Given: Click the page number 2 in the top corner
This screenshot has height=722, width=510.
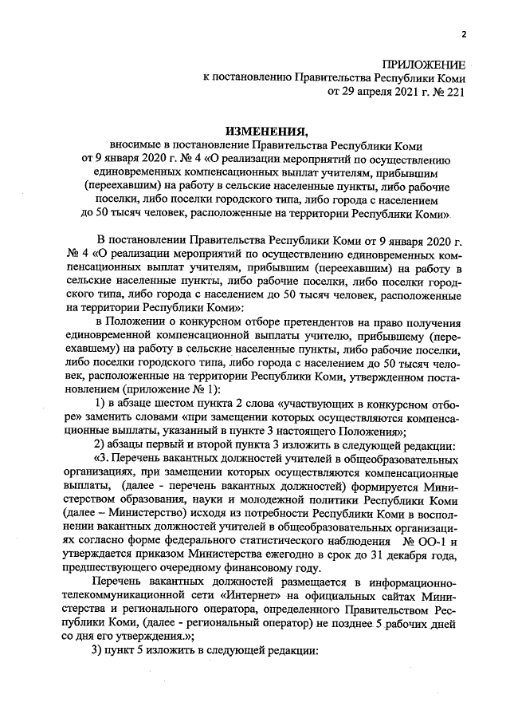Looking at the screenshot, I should click(x=463, y=34).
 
